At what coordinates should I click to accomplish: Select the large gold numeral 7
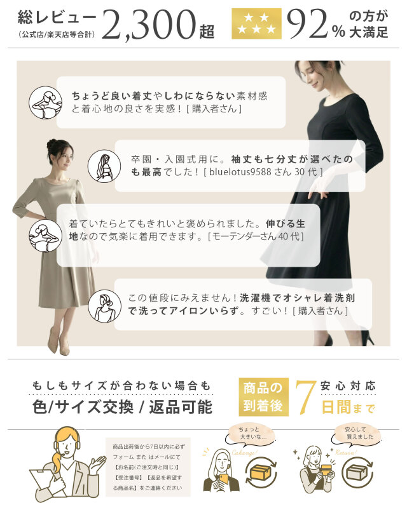305,396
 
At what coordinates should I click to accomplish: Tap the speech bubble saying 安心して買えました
355,435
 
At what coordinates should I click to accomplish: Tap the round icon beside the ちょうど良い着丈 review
45,102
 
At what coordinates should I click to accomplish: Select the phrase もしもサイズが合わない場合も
121,385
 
